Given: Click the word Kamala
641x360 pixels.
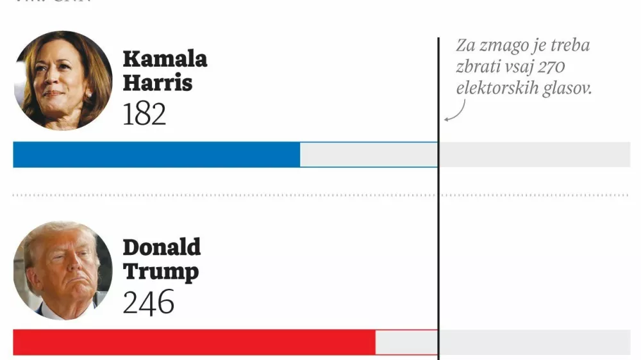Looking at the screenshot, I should point(165,59).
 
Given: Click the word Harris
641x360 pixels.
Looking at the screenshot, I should point(157,83).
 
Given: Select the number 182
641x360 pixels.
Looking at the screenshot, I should point(144,114).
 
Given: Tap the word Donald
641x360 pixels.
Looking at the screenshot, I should point(162,247).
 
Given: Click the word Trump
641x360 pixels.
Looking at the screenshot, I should point(161,271).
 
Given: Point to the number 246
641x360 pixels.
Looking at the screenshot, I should point(148,302).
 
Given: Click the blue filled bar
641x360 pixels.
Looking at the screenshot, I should point(156,154).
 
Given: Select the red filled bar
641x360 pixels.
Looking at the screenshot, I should point(194,342).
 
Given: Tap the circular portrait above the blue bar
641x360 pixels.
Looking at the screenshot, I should point(63,80).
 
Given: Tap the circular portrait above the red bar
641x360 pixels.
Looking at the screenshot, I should point(63,270).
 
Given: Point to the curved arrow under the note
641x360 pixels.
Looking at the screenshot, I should point(454,113).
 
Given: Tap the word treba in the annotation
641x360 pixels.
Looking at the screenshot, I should point(569,46).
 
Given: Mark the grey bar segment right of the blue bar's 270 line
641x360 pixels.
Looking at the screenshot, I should point(535,154).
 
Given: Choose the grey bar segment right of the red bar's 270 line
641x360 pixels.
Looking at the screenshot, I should point(535,342).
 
